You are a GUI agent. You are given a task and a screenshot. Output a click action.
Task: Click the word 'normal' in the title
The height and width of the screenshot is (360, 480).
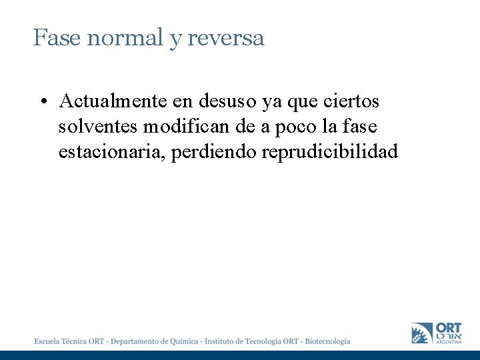125,38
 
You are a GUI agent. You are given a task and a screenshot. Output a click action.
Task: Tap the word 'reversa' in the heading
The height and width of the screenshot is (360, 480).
226,38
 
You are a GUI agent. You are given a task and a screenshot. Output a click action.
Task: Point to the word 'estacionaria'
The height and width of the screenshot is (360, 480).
112,152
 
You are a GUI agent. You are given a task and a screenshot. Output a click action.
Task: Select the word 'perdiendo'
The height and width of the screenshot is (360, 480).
214,152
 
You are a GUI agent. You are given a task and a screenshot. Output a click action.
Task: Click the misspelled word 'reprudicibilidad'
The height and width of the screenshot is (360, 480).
330,152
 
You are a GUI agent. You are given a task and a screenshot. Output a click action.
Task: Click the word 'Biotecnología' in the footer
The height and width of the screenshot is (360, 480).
327,341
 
